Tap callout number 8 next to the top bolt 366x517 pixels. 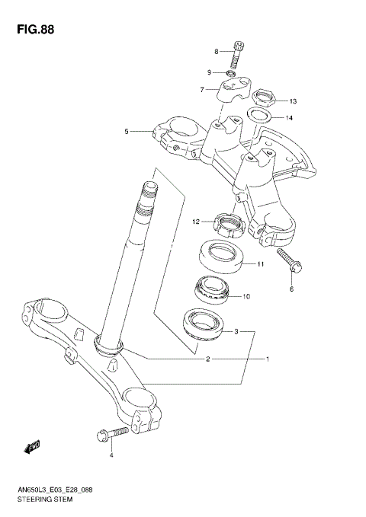(x=216, y=51)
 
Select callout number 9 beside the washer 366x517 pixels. (x=208, y=72)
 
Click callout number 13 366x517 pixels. (x=293, y=101)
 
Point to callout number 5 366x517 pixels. (x=127, y=131)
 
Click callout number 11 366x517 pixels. (x=260, y=265)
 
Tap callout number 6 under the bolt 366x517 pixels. (x=291, y=289)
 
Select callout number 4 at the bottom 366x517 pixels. (x=111, y=455)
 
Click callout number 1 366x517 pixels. (x=267, y=358)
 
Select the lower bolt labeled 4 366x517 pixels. (x=111, y=434)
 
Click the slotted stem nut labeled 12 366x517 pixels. (x=227, y=223)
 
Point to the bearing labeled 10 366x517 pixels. (x=213, y=289)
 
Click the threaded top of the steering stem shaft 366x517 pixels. (x=146, y=199)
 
